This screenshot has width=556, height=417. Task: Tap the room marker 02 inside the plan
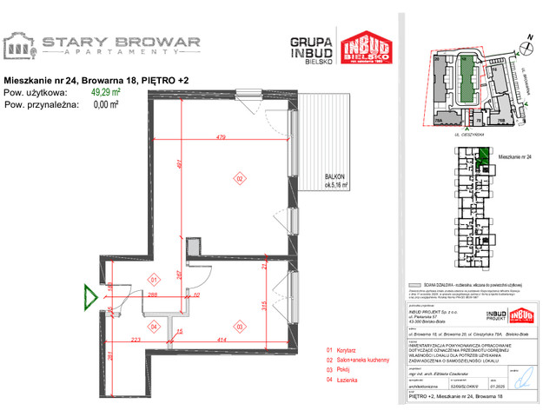(238, 179)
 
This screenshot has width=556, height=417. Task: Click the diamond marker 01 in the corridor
(152, 280)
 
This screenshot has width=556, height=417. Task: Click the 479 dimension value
(222, 137)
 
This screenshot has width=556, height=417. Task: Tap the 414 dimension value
(222, 340)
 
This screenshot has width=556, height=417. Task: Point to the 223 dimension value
(136, 340)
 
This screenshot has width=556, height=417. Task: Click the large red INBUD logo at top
(366, 53)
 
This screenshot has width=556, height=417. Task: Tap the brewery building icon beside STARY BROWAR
(19, 45)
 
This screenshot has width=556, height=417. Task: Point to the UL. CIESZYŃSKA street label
(469, 136)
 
